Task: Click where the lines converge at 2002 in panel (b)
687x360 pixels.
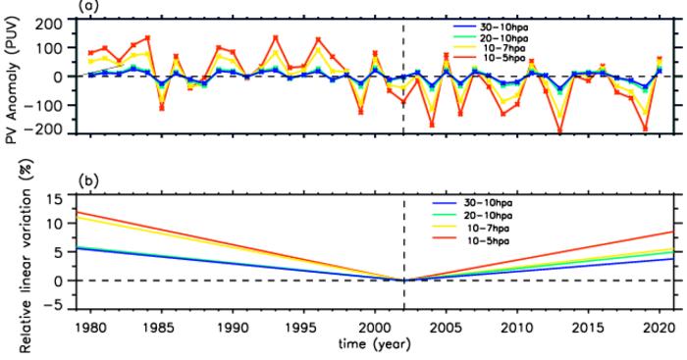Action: pos(403,280)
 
